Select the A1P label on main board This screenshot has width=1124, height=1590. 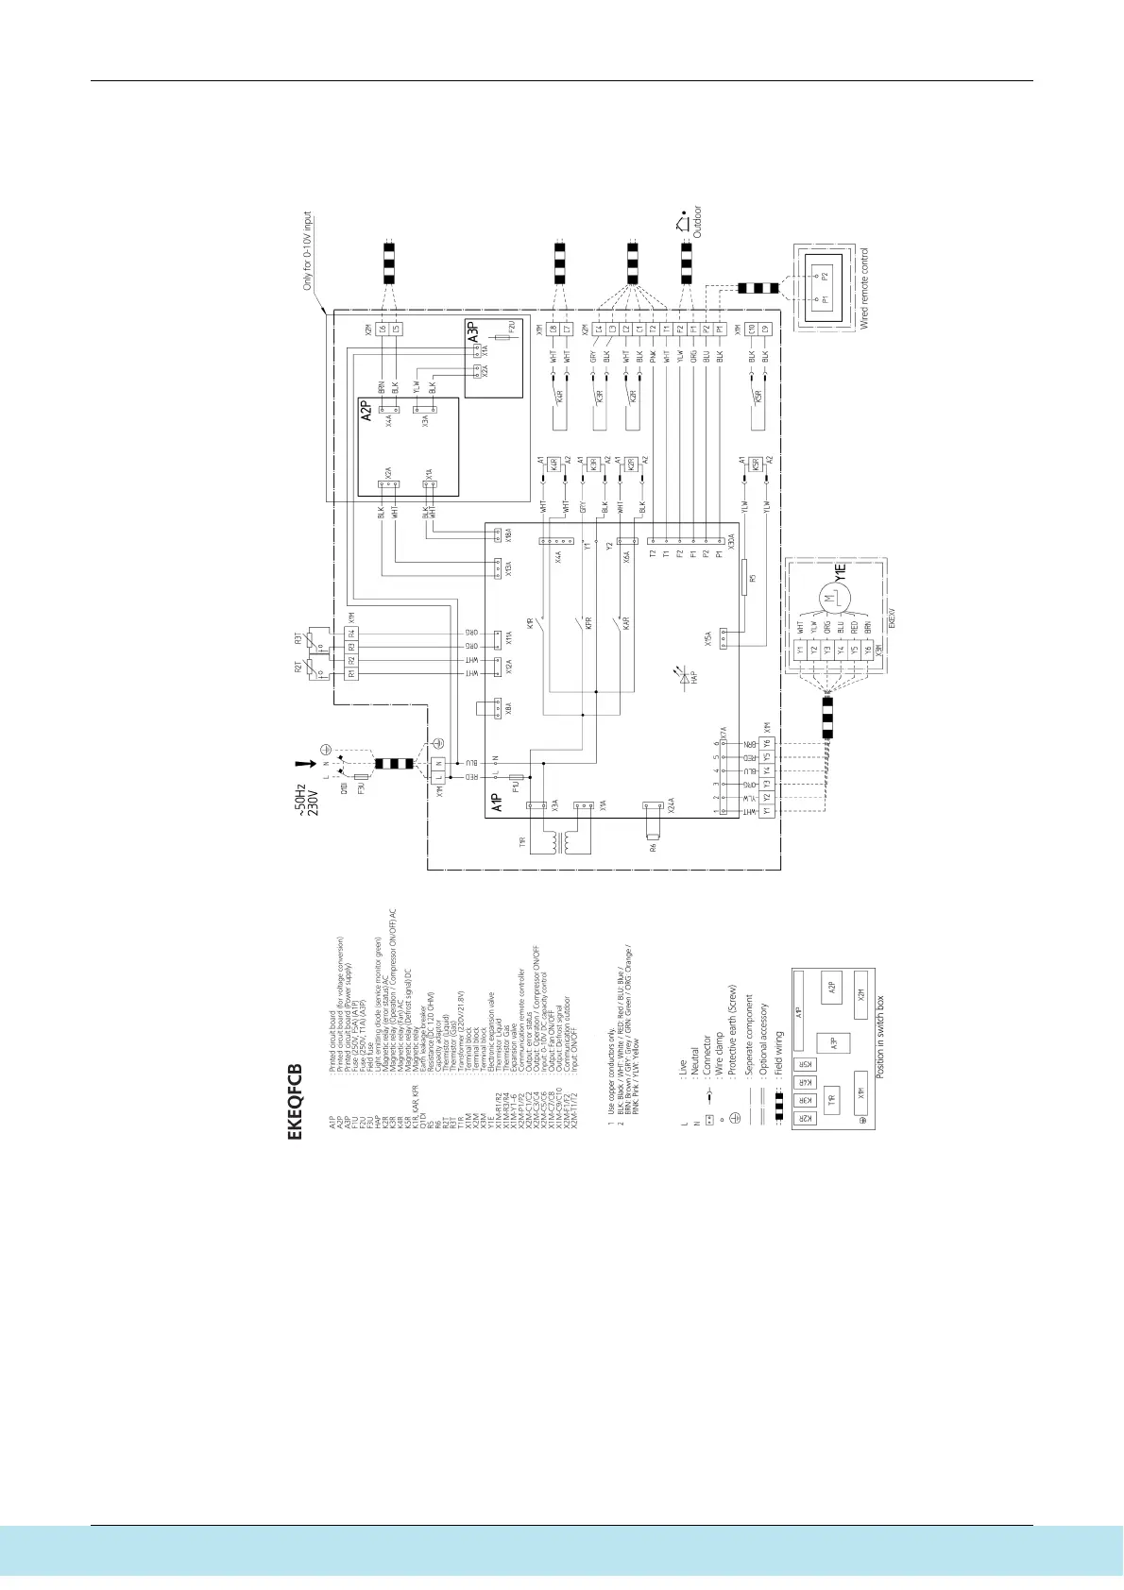click(x=497, y=805)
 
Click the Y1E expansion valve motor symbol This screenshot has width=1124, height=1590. click(x=828, y=597)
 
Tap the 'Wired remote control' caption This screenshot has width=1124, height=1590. click(x=863, y=289)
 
